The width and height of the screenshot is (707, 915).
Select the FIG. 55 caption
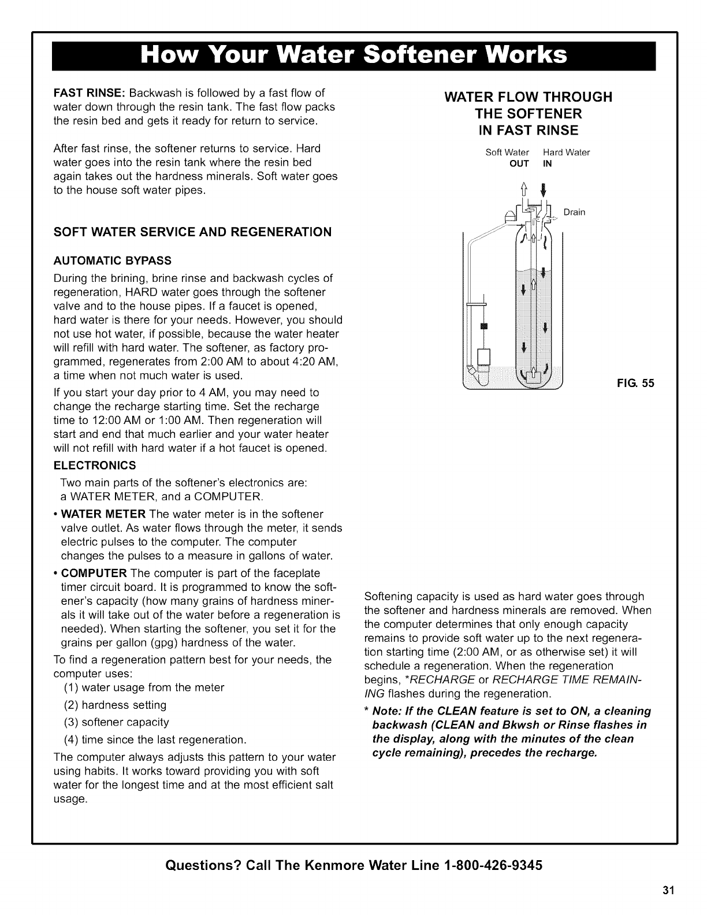(x=635, y=382)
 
